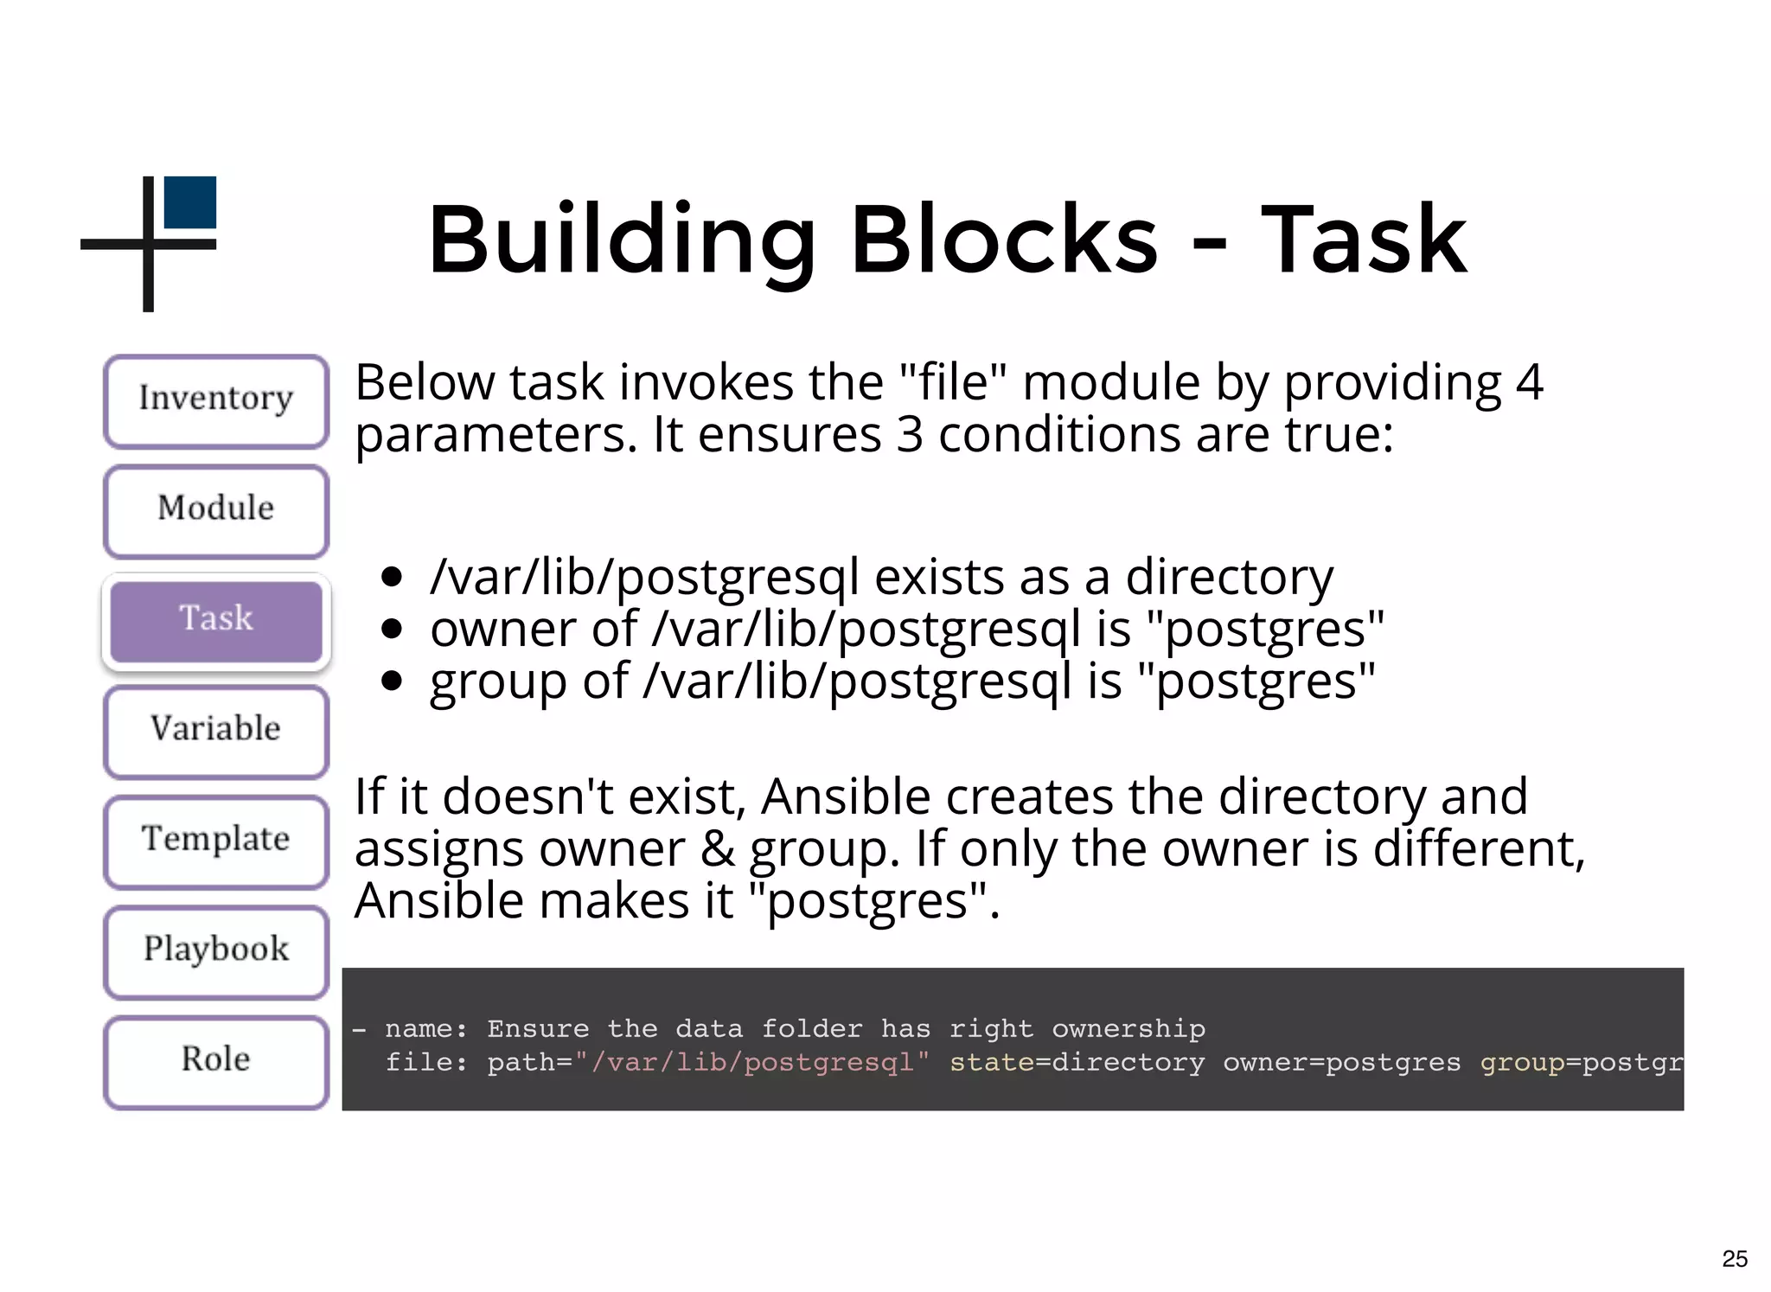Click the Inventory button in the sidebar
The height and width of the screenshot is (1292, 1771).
(216, 400)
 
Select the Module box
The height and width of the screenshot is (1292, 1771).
(216, 510)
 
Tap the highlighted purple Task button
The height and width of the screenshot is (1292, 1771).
(216, 620)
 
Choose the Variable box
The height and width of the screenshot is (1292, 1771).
(216, 730)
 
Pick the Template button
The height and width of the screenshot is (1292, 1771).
(216, 840)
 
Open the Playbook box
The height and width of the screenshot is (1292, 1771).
(216, 950)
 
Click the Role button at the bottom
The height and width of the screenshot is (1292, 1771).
(216, 1060)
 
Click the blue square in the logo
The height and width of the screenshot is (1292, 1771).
(190, 202)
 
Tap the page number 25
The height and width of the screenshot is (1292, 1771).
(1734, 1259)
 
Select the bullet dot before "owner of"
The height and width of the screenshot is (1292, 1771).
(392, 629)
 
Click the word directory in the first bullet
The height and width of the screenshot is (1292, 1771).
(1229, 578)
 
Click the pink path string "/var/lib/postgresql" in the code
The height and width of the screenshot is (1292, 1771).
(751, 1062)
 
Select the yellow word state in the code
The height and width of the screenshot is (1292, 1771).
(991, 1062)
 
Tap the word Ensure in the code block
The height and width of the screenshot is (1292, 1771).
(538, 1028)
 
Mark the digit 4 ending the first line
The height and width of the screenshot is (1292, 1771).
(1529, 383)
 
